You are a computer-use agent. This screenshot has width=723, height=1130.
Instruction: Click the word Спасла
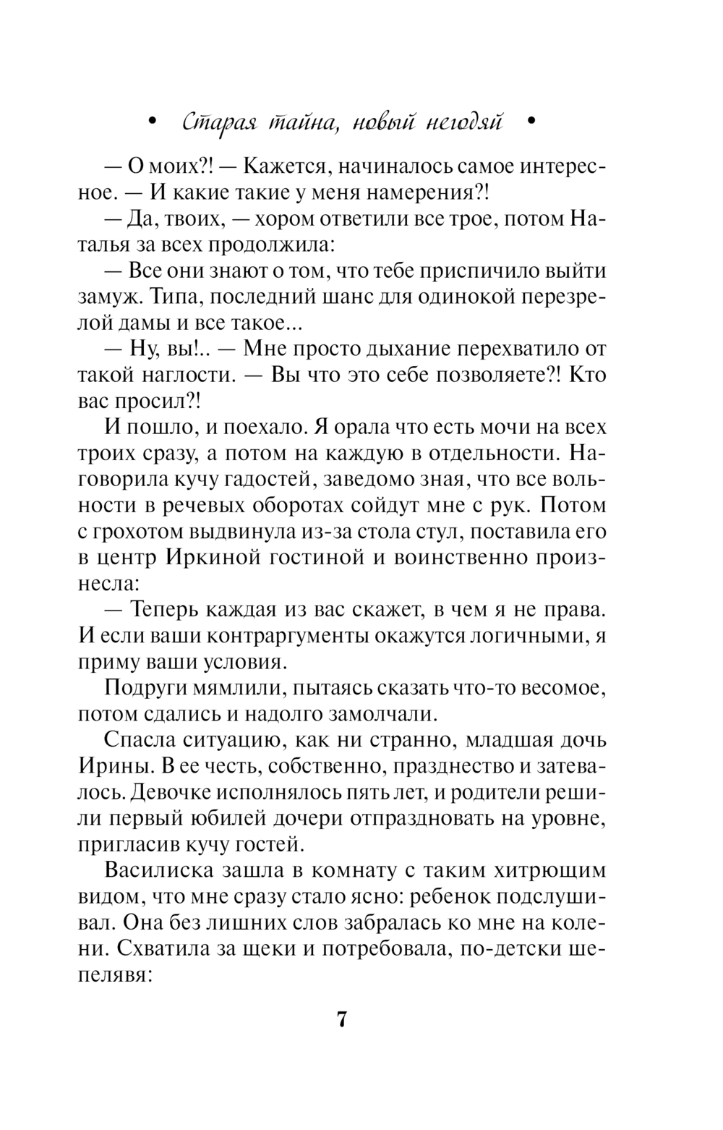tap(142, 741)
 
